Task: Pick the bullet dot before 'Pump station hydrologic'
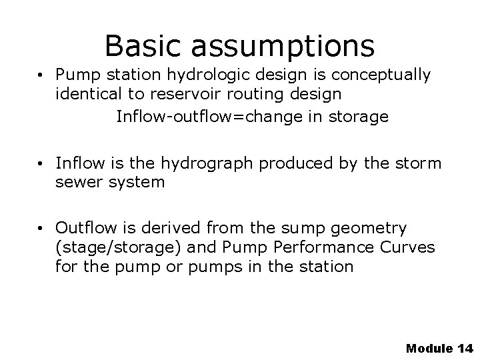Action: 42,75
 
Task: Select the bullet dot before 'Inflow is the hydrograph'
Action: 42,163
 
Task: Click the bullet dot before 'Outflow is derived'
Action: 42,228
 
